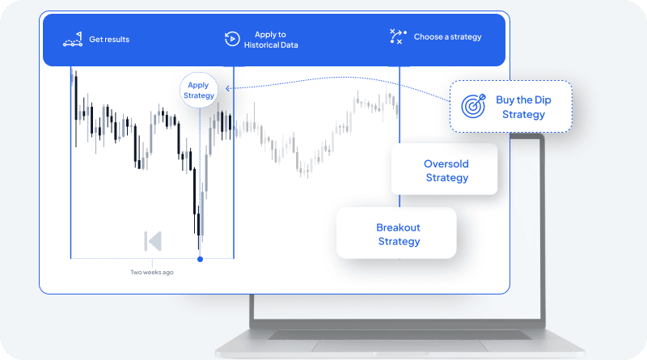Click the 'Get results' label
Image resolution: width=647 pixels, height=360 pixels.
pyautogui.click(x=109, y=39)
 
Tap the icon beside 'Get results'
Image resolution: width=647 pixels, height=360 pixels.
pyautogui.click(x=73, y=39)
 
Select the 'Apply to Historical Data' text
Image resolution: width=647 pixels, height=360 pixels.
pyautogui.click(x=271, y=40)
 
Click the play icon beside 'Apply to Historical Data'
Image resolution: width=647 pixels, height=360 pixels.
pyautogui.click(x=231, y=38)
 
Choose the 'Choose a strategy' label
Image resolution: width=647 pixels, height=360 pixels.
pyautogui.click(x=447, y=37)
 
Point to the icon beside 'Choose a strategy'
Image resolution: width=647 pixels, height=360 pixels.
pyautogui.click(x=397, y=37)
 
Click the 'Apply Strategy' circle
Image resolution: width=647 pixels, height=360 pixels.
pyautogui.click(x=199, y=90)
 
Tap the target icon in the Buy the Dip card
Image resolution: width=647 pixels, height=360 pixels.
pyautogui.click(x=473, y=106)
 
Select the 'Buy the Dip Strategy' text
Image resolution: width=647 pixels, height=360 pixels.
pyautogui.click(x=523, y=107)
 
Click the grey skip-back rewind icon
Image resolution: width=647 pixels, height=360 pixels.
pyautogui.click(x=153, y=241)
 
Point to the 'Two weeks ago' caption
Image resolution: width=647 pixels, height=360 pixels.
pyautogui.click(x=152, y=272)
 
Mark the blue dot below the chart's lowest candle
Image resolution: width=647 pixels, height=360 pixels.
pyautogui.click(x=200, y=259)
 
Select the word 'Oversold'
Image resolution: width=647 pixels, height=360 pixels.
pyautogui.click(x=446, y=164)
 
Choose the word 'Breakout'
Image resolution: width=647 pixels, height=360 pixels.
pyautogui.click(x=398, y=227)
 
